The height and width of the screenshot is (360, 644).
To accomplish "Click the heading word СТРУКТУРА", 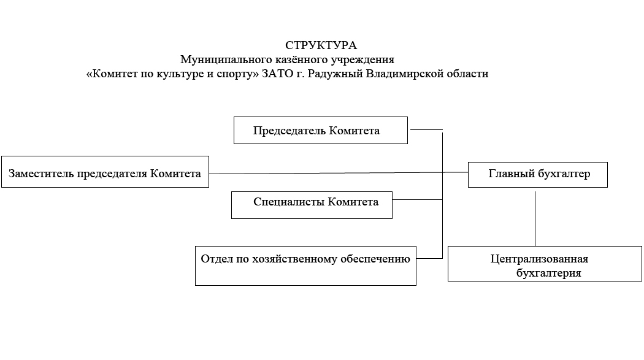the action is pos(321,45).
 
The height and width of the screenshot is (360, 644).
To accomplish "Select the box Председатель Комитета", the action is pos(321,130).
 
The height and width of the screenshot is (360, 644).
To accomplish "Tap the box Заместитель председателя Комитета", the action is pos(105,172).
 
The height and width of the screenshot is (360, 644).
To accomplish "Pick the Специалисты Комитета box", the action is pos(312,205).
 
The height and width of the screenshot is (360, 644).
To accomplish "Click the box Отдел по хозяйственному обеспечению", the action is pos(305,266).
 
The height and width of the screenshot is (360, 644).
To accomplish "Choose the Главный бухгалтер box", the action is pos(538,174).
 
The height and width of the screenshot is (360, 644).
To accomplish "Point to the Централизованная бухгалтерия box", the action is pos(545,264).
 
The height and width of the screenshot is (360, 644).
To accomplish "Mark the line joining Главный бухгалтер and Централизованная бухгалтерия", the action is pos(535,218).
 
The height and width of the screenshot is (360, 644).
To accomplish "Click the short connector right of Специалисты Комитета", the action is pos(417,199).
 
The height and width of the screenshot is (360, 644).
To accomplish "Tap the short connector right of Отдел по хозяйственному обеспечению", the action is pos(429,258).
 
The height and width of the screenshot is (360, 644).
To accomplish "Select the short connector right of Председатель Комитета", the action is pos(427,130).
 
